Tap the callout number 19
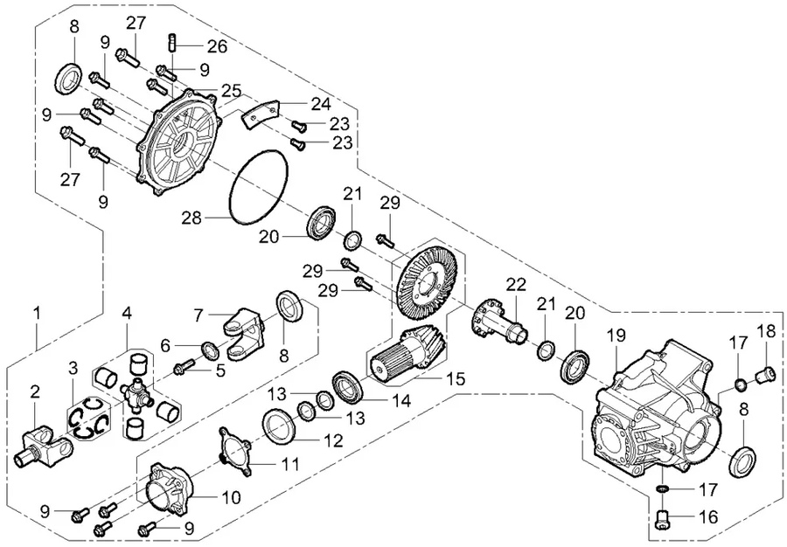616,334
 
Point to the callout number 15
454,379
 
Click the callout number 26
216,44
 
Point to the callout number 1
37,311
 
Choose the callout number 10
231,498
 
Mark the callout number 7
199,313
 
